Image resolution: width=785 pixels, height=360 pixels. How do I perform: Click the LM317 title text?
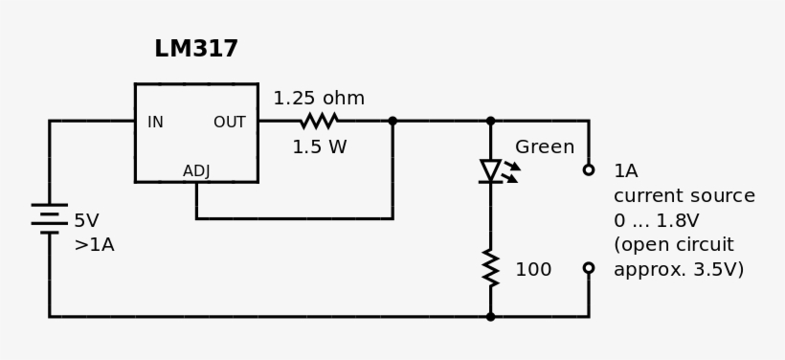196,49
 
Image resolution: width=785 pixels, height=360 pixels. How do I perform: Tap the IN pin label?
155,123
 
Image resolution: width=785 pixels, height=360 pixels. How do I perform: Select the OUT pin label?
229,123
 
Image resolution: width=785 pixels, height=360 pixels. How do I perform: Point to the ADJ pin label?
196,171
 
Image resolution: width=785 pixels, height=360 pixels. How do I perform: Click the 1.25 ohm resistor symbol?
319,121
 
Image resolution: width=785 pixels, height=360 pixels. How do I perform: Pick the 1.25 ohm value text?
319,99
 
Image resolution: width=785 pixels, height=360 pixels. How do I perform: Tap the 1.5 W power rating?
319,147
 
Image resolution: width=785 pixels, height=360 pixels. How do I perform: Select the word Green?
545,147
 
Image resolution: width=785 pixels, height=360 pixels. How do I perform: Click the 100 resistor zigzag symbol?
491,269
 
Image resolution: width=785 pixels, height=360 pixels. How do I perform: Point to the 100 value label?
533,270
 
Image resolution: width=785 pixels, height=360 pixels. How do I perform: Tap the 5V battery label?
86,221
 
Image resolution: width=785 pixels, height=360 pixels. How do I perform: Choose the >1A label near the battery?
94,245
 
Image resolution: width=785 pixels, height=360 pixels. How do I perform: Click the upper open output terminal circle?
589,170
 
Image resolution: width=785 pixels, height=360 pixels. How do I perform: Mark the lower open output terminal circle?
589,269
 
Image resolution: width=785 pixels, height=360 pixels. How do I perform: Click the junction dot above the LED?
491,122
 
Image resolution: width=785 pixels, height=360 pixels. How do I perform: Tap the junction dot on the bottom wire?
491,316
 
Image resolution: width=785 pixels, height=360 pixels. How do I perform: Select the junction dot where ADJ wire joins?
392,122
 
